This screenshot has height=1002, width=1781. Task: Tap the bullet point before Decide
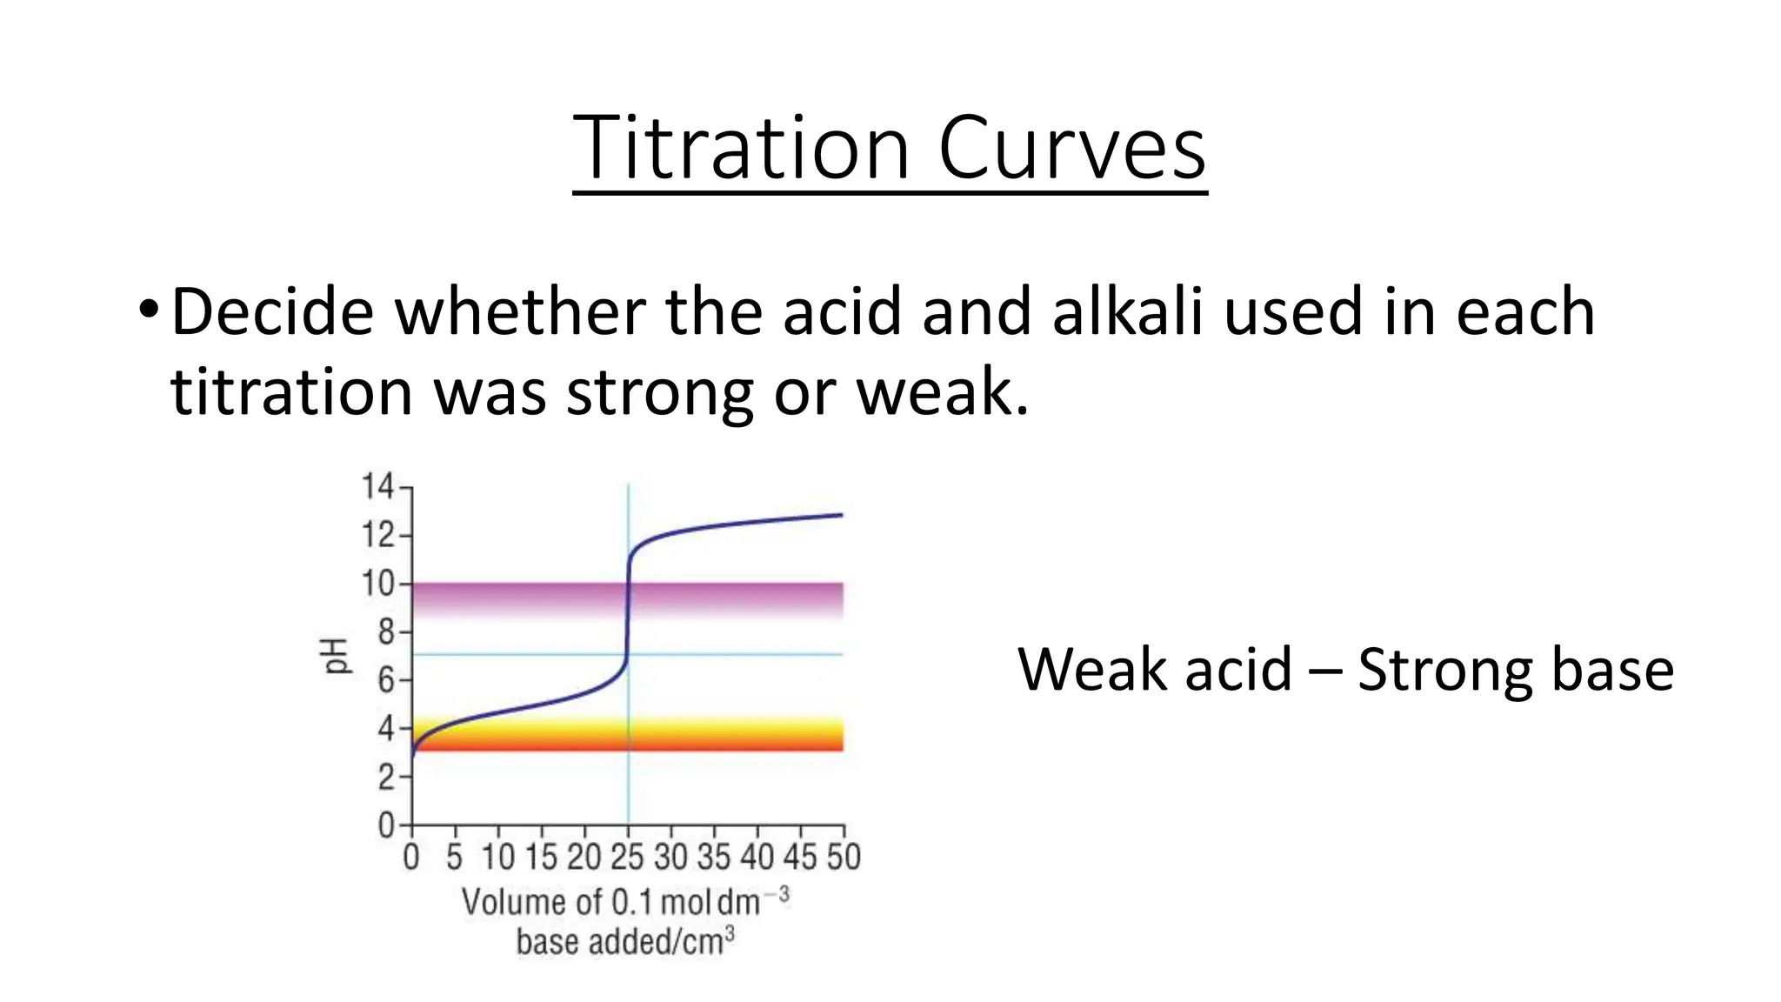pos(148,311)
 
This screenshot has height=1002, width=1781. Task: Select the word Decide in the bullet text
pos(272,311)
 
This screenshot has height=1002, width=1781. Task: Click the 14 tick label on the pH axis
pos(377,486)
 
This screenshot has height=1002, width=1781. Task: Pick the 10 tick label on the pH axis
pos(377,583)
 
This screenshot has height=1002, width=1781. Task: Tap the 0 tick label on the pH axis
pos(386,825)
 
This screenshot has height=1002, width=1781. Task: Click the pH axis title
pos(337,655)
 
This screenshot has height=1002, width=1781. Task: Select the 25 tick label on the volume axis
pos(627,858)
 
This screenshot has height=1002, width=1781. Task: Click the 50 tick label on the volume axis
pos(843,858)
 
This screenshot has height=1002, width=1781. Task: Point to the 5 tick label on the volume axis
pos(454,858)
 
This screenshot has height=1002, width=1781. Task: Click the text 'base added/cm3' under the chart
pos(625,942)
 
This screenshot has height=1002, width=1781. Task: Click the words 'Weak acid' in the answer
pos(1154,670)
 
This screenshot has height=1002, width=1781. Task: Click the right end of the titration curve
pos(840,515)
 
